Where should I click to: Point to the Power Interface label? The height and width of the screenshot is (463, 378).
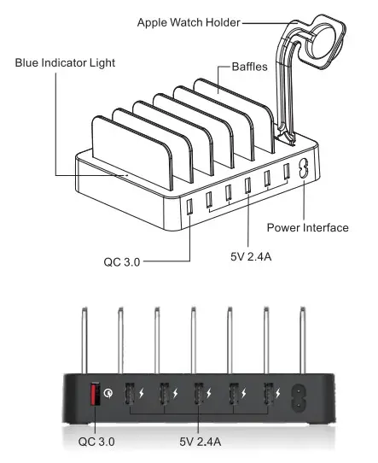(x=307, y=227)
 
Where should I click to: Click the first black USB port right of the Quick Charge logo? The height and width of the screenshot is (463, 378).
(x=128, y=396)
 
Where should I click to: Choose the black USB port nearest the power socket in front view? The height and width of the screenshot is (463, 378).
(x=270, y=396)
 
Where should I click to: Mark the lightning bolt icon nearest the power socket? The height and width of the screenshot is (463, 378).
(x=282, y=396)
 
